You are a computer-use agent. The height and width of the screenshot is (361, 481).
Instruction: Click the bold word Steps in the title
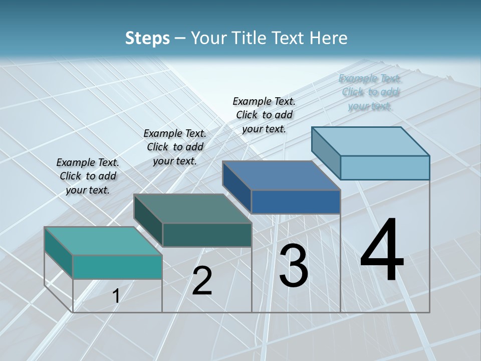click(147, 38)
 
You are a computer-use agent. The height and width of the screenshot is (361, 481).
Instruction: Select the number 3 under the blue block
click(294, 266)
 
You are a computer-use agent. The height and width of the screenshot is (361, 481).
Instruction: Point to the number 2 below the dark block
click(202, 281)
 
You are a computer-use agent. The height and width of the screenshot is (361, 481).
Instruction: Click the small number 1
click(116, 296)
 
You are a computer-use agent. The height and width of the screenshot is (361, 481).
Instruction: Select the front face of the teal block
click(117, 267)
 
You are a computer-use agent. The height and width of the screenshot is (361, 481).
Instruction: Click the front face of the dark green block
click(207, 235)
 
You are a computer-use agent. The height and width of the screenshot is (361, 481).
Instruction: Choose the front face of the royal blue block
click(296, 202)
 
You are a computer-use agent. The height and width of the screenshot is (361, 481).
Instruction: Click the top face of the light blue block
click(371, 141)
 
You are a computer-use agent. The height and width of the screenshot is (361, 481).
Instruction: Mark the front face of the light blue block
click(385, 167)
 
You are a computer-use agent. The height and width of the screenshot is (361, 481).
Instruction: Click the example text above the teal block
click(88, 176)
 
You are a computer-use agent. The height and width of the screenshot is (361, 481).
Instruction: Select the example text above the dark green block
click(175, 147)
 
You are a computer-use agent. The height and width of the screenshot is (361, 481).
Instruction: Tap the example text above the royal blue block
click(264, 115)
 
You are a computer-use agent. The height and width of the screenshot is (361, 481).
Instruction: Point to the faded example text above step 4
click(370, 92)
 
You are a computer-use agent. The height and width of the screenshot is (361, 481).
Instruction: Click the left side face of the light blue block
click(326, 153)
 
